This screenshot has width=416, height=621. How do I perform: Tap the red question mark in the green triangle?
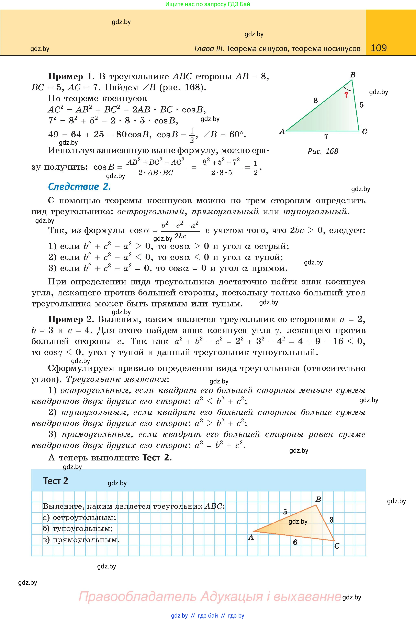(346, 95)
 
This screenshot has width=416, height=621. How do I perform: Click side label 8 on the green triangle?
(315, 100)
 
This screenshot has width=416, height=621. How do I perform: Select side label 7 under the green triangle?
(326, 137)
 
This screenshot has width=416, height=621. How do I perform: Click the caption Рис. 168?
(323, 151)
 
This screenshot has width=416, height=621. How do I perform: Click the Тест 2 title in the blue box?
(56, 481)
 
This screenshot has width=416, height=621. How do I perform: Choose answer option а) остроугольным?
(79, 517)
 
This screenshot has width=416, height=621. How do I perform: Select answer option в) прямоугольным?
(81, 540)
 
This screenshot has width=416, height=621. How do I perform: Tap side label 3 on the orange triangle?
(331, 520)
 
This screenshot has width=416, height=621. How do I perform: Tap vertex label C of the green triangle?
(364, 131)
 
